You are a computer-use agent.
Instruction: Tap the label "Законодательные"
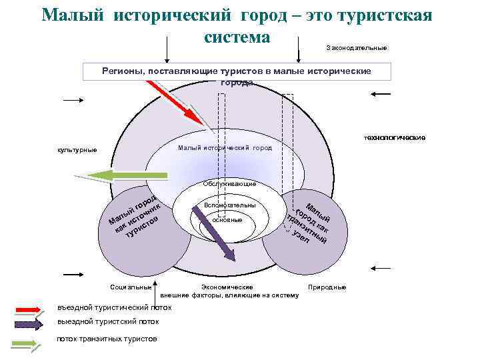pos(357,48)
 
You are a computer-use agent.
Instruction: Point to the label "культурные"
pos(77,149)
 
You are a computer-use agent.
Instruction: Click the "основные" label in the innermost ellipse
pos(227,219)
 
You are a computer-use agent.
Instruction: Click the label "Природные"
pos(327,287)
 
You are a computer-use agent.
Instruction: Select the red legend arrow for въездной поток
pos(30,309)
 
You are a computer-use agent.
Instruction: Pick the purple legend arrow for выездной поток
pos(30,323)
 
